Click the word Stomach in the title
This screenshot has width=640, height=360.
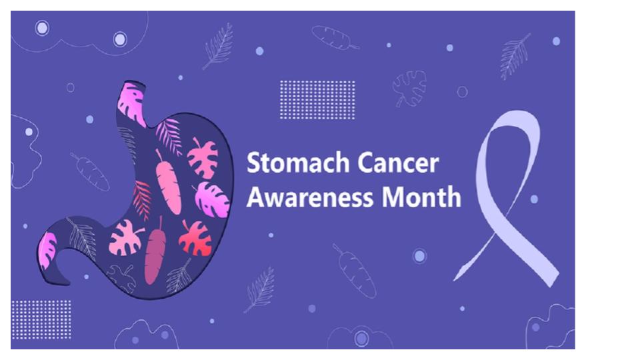pyautogui.click(x=298, y=163)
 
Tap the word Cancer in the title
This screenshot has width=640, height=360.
pyautogui.click(x=399, y=163)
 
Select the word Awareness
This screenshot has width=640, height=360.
pyautogui.click(x=310, y=197)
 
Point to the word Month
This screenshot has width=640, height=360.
pyautogui.click(x=421, y=197)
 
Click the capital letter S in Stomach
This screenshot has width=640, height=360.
pyautogui.click(x=253, y=163)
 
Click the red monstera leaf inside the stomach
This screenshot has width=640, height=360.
pyautogui.click(x=195, y=239)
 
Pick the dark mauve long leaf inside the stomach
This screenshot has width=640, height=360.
pyautogui.click(x=155, y=251)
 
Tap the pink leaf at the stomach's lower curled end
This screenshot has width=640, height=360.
pyautogui.click(x=47, y=251)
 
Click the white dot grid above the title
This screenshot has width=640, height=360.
pyautogui.click(x=317, y=100)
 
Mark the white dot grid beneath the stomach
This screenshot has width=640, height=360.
pyautogui.click(x=41, y=319)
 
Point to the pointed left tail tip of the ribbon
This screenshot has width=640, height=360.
pyautogui.click(x=454, y=281)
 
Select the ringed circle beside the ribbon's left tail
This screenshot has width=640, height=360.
pyautogui.click(x=419, y=256)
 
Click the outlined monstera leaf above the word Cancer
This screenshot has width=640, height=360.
pyautogui.click(x=409, y=88)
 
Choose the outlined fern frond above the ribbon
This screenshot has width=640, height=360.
pyautogui.click(x=515, y=56)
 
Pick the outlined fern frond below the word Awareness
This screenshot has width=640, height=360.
pyautogui.click(x=260, y=290)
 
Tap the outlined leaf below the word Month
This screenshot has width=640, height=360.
pyautogui.click(x=354, y=271)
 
